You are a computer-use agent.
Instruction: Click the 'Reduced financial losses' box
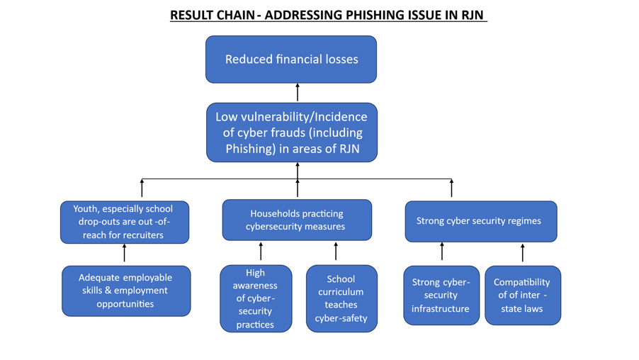pyautogui.click(x=290, y=60)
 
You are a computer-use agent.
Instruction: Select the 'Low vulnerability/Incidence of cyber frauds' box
pyautogui.click(x=291, y=133)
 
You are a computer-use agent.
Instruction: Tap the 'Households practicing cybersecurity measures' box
pyautogui.click(x=296, y=220)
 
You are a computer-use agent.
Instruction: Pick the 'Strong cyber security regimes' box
pyautogui.click(x=480, y=221)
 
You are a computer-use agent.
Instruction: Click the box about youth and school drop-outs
pyautogui.click(x=124, y=222)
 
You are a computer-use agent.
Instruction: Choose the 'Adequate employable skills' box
pyautogui.click(x=125, y=291)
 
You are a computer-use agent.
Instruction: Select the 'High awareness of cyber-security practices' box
pyautogui.click(x=255, y=298)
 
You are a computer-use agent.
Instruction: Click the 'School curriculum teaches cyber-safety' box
pyautogui.click(x=341, y=298)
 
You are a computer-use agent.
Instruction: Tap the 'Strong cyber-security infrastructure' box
pyautogui.click(x=441, y=296)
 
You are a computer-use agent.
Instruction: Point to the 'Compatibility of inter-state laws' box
pyautogui.click(x=522, y=296)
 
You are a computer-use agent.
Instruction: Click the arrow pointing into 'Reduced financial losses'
pyautogui.click(x=298, y=92)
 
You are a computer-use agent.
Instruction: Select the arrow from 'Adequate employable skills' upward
pyautogui.click(x=125, y=253)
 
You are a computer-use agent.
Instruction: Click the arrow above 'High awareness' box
pyautogui.click(x=261, y=251)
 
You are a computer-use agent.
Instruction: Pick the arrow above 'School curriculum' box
pyautogui.click(x=336, y=251)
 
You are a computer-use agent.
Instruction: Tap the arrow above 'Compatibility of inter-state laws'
pyautogui.click(x=523, y=253)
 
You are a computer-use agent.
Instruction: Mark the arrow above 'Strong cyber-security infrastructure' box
pyautogui.click(x=442, y=251)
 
